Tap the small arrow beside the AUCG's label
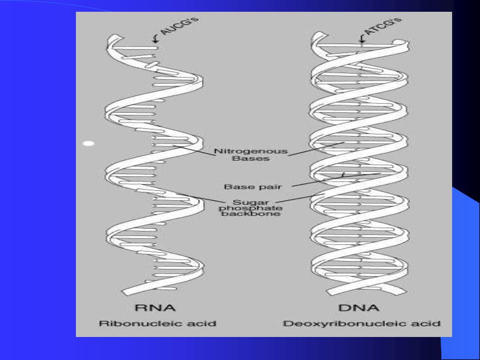coord(156,38)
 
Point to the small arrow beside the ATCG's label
coord(362,38)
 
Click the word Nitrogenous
coord(251,151)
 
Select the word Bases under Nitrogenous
coord(251,159)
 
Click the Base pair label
coord(253,187)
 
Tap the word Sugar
coord(251,202)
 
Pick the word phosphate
coord(251,208)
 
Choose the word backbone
coord(251,214)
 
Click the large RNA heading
coord(156,308)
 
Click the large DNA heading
coord(359,308)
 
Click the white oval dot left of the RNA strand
coord(89,143)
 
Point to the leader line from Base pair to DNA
coord(336,180)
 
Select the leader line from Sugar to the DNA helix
coord(300,198)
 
